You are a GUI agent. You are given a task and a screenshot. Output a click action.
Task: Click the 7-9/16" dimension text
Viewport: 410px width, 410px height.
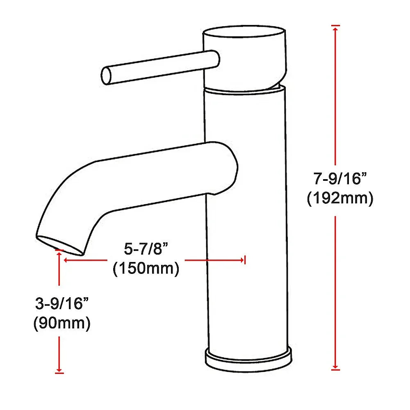coord(339,180)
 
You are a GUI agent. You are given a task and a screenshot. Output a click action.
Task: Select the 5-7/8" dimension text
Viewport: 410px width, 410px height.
coord(146,249)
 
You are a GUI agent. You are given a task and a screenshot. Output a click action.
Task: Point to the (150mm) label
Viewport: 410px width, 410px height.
coord(146,269)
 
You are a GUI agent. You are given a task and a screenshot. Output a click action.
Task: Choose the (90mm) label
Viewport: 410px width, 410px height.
coord(61,323)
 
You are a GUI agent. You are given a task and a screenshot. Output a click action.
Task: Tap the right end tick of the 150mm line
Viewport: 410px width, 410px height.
coord(244,260)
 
